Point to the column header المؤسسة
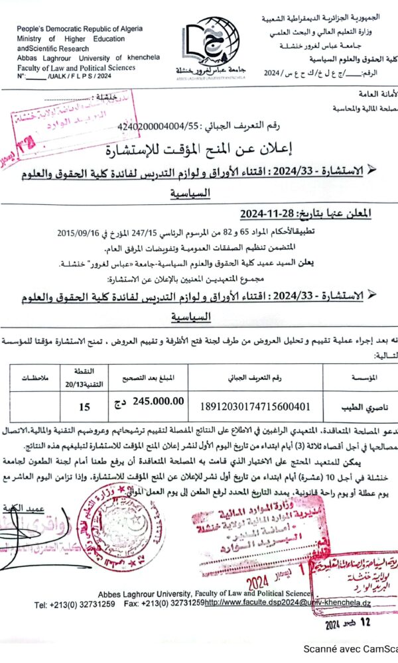(362, 378)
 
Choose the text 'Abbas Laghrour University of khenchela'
(83, 58)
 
